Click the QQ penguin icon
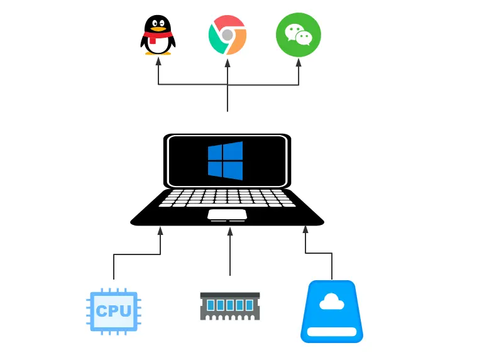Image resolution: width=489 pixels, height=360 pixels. coord(158,35)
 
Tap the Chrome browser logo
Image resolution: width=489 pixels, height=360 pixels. coord(228,35)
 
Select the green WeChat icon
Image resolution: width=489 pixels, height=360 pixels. coord(299,35)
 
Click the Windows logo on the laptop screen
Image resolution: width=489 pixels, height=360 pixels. coord(225,161)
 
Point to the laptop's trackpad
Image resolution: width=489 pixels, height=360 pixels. coord(227,215)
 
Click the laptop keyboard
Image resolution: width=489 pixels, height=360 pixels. coord(227,197)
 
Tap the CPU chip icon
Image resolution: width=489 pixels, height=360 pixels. coord(114,310)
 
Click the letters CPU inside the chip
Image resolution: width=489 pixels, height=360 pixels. coord(114,311)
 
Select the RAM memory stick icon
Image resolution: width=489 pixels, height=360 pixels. coord(229,305)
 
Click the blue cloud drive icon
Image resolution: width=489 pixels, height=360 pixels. coord(332,312)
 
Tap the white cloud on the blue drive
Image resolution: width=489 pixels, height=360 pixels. coord(331,303)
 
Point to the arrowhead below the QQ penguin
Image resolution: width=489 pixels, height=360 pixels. coord(158,62)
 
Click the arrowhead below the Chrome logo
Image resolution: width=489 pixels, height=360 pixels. coord(228,62)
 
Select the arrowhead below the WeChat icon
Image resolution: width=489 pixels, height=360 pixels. coord(299,62)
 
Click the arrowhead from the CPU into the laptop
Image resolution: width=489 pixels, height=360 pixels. coord(160,231)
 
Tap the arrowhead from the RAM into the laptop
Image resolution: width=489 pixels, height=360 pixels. coord(230,231)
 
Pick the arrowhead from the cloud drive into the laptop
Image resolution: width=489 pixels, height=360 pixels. coord(306,231)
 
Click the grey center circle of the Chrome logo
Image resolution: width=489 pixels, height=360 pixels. coord(227,35)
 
